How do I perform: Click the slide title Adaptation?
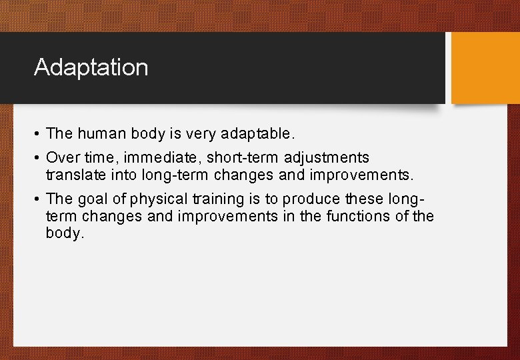pyautogui.click(x=91, y=67)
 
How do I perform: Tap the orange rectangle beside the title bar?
pyautogui.click(x=485, y=68)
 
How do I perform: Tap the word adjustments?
pyautogui.click(x=327, y=158)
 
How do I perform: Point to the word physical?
pyautogui.click(x=155, y=199)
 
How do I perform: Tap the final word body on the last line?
pyautogui.click(x=65, y=234)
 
